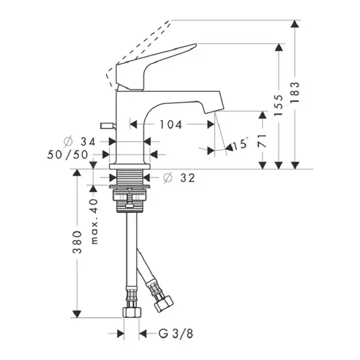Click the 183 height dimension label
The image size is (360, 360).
pos(295,92)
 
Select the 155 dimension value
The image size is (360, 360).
pos(278,105)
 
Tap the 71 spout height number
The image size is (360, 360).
pos(262,141)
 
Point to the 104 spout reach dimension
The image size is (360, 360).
pos(171,125)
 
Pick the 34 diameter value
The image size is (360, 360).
pos(88,142)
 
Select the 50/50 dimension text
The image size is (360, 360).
pos(67,155)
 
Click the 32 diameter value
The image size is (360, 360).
pos(188,178)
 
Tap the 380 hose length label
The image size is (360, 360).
pos(77,242)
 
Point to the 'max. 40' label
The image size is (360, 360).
pos(94,221)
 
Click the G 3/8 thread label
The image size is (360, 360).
pos(176,334)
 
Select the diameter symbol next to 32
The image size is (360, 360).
pos(168,178)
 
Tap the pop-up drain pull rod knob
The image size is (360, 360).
pos(107,125)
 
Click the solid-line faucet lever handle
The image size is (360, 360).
pos(152,67)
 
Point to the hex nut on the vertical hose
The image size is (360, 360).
pos(132,313)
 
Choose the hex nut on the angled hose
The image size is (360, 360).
pos(163,304)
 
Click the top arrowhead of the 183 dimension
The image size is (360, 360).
pos(295,24)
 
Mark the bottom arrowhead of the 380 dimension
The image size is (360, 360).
pos(77,314)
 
